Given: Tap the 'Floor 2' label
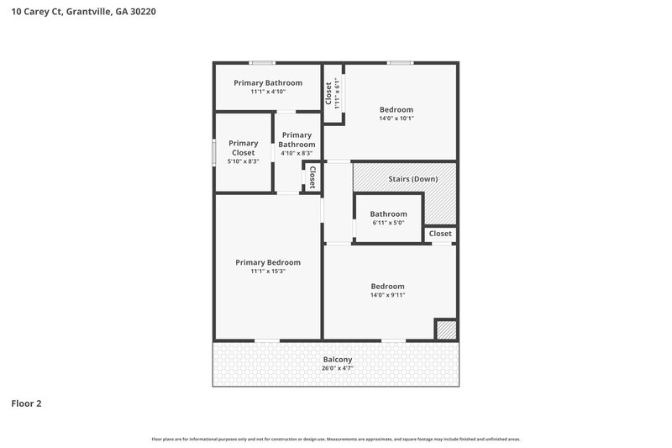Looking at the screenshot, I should click(x=26, y=403).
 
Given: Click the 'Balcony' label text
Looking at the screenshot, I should click(x=337, y=360).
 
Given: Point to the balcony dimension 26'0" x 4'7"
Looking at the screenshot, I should click(x=337, y=368).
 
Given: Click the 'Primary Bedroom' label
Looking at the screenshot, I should click(x=268, y=262).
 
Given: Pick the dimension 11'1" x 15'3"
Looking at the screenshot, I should click(x=268, y=271).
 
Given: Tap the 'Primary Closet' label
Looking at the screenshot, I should click(x=244, y=148).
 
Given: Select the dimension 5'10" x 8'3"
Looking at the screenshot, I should click(x=244, y=161).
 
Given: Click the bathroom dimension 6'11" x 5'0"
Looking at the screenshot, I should click(x=388, y=223).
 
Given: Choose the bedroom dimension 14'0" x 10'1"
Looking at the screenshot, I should click(x=396, y=119).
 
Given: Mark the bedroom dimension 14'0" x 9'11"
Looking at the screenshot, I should click(x=387, y=295).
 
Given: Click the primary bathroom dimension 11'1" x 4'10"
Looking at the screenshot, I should click(x=268, y=92).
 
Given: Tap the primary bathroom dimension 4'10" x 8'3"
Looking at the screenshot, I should click(x=297, y=153).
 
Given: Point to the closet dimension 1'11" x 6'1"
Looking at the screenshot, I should click(x=338, y=93).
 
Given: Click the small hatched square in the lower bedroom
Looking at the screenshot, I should click(x=446, y=330).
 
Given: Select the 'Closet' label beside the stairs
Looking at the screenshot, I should click(x=440, y=234).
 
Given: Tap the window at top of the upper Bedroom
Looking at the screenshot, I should click(x=399, y=62).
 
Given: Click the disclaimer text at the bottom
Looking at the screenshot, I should click(x=336, y=439).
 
